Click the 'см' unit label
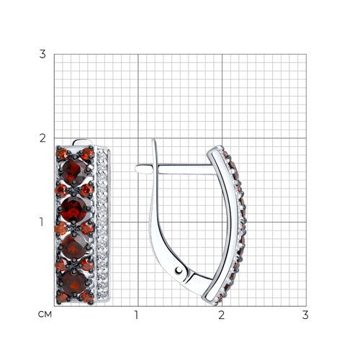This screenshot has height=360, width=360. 45,314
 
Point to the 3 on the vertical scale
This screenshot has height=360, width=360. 42,54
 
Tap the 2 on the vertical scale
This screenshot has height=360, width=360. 42,138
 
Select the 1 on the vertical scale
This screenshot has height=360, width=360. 42,222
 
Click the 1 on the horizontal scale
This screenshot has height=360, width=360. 136,315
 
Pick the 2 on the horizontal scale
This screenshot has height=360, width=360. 222,315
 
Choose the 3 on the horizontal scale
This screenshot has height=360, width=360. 305,315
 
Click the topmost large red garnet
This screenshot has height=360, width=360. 73,171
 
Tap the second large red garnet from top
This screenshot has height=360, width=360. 73,210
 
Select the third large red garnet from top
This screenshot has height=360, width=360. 73,247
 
